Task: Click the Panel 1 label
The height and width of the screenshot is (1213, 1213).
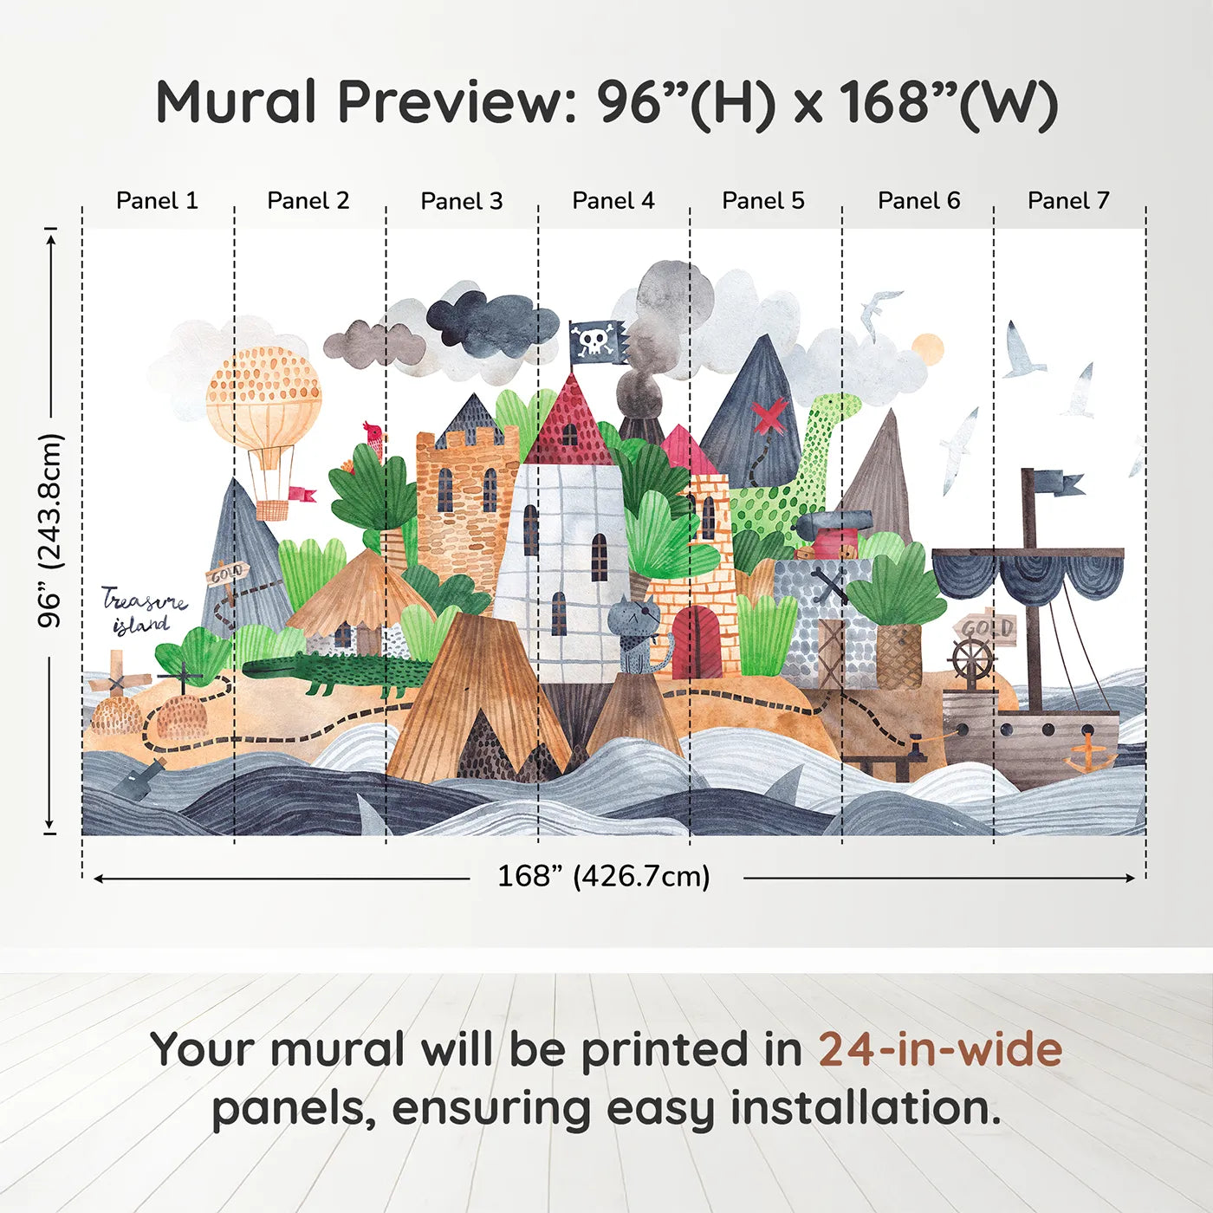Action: (x=157, y=201)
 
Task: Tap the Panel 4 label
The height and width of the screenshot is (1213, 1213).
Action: (x=613, y=201)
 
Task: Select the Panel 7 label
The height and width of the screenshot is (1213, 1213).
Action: (x=1067, y=201)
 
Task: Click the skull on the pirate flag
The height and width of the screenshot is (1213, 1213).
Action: (x=594, y=341)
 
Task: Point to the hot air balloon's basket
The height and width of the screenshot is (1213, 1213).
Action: (x=271, y=509)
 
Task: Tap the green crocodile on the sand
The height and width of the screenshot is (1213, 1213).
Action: (x=338, y=672)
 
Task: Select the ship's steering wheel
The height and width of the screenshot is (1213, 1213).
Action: (x=972, y=660)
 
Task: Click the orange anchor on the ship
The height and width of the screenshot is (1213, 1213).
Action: (x=1088, y=754)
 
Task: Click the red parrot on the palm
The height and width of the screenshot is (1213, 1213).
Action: (x=373, y=438)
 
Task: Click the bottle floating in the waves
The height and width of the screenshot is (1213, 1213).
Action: (x=140, y=779)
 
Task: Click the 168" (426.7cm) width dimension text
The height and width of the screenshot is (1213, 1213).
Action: (x=603, y=876)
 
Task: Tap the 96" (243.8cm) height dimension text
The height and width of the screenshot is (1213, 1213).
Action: (x=50, y=530)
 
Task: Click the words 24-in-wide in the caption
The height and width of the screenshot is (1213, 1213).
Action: (x=939, y=1049)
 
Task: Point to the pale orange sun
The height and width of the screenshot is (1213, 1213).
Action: (x=927, y=348)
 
